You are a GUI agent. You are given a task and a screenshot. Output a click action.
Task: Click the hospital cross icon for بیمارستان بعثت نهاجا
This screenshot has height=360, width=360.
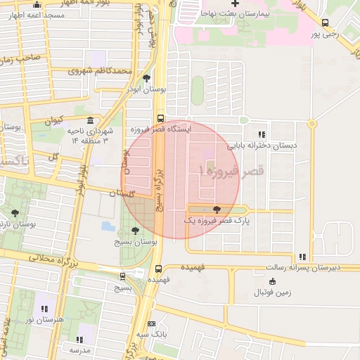[x=236, y=4]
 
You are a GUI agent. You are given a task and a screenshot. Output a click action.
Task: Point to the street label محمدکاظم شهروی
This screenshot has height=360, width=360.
[x=101, y=71]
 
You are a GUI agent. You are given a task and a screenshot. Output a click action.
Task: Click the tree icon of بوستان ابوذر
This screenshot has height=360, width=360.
[x=146, y=79]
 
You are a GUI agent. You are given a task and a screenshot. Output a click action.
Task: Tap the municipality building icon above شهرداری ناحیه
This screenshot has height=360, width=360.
[x=90, y=121]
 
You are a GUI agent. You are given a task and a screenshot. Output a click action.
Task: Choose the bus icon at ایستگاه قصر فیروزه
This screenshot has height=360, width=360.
[x=161, y=119]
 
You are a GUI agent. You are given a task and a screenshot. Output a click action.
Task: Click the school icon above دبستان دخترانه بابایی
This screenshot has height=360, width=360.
[x=262, y=134]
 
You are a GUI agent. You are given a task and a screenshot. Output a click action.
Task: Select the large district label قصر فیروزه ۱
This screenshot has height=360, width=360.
[x=231, y=171]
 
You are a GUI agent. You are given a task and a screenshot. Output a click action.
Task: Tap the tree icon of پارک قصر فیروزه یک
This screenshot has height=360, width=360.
[x=216, y=209]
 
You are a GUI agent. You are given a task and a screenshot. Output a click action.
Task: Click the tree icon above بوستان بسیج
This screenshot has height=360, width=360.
[x=135, y=230]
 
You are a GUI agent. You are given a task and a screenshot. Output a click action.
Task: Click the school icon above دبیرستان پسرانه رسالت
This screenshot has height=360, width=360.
[x=302, y=257]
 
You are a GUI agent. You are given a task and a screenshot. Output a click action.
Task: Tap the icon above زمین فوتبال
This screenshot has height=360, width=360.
[x=273, y=281]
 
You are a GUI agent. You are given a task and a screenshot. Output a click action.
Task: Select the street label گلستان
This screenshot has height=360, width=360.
[x=121, y=192]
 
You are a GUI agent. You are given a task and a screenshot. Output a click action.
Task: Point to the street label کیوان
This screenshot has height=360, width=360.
[x=54, y=120]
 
